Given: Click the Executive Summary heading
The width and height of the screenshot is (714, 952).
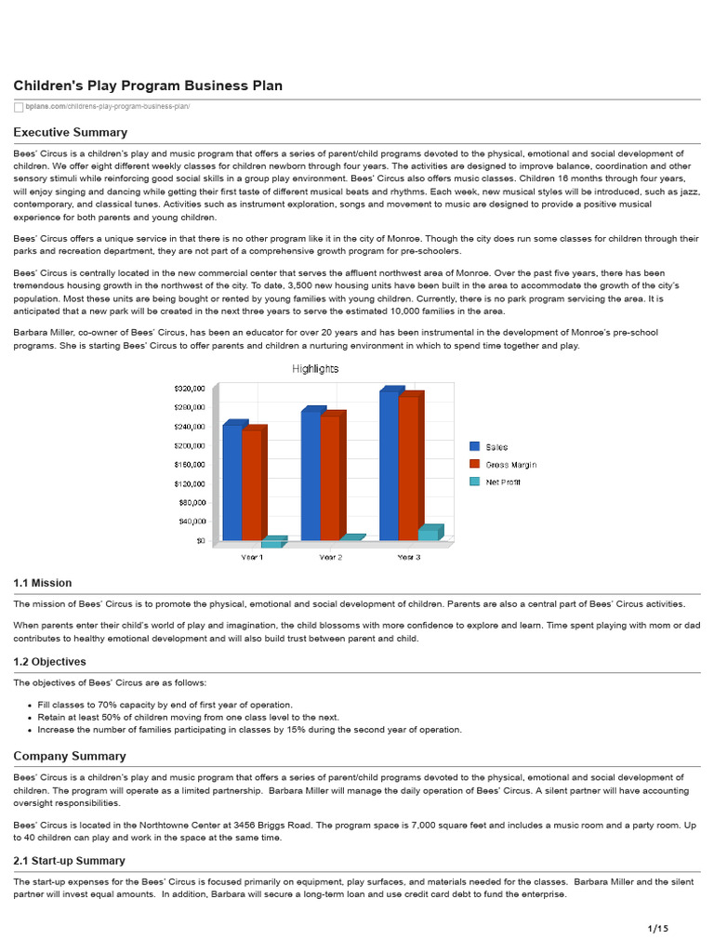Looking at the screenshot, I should tap(70, 132).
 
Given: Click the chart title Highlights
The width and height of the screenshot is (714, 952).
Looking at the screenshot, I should tap(315, 369).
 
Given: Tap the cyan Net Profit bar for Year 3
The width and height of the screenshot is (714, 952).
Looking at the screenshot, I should tap(428, 534).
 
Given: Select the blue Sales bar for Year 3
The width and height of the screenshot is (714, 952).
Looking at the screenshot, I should tap(389, 465).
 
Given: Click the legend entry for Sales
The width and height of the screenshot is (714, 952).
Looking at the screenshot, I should tap(496, 447).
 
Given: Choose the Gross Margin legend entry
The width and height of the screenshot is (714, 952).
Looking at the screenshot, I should tap(509, 464).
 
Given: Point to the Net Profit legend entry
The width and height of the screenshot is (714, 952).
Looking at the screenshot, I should tap(502, 482).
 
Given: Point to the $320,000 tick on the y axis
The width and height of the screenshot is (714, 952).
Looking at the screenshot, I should tap(190, 389).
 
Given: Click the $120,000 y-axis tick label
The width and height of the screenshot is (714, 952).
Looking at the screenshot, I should tap(190, 483).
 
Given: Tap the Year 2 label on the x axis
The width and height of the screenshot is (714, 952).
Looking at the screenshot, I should tap(330, 557).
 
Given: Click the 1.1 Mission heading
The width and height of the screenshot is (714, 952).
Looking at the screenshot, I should tap(42, 583).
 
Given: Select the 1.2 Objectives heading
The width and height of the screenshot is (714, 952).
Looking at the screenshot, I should tap(49, 662).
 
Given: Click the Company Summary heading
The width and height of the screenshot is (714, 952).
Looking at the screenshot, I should tap(69, 756).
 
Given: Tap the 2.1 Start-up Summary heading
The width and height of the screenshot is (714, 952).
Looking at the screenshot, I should tap(69, 861).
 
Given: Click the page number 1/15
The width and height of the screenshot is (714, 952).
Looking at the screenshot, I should tap(657, 928).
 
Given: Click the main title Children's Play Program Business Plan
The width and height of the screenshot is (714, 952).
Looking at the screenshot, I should tap(148, 86).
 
